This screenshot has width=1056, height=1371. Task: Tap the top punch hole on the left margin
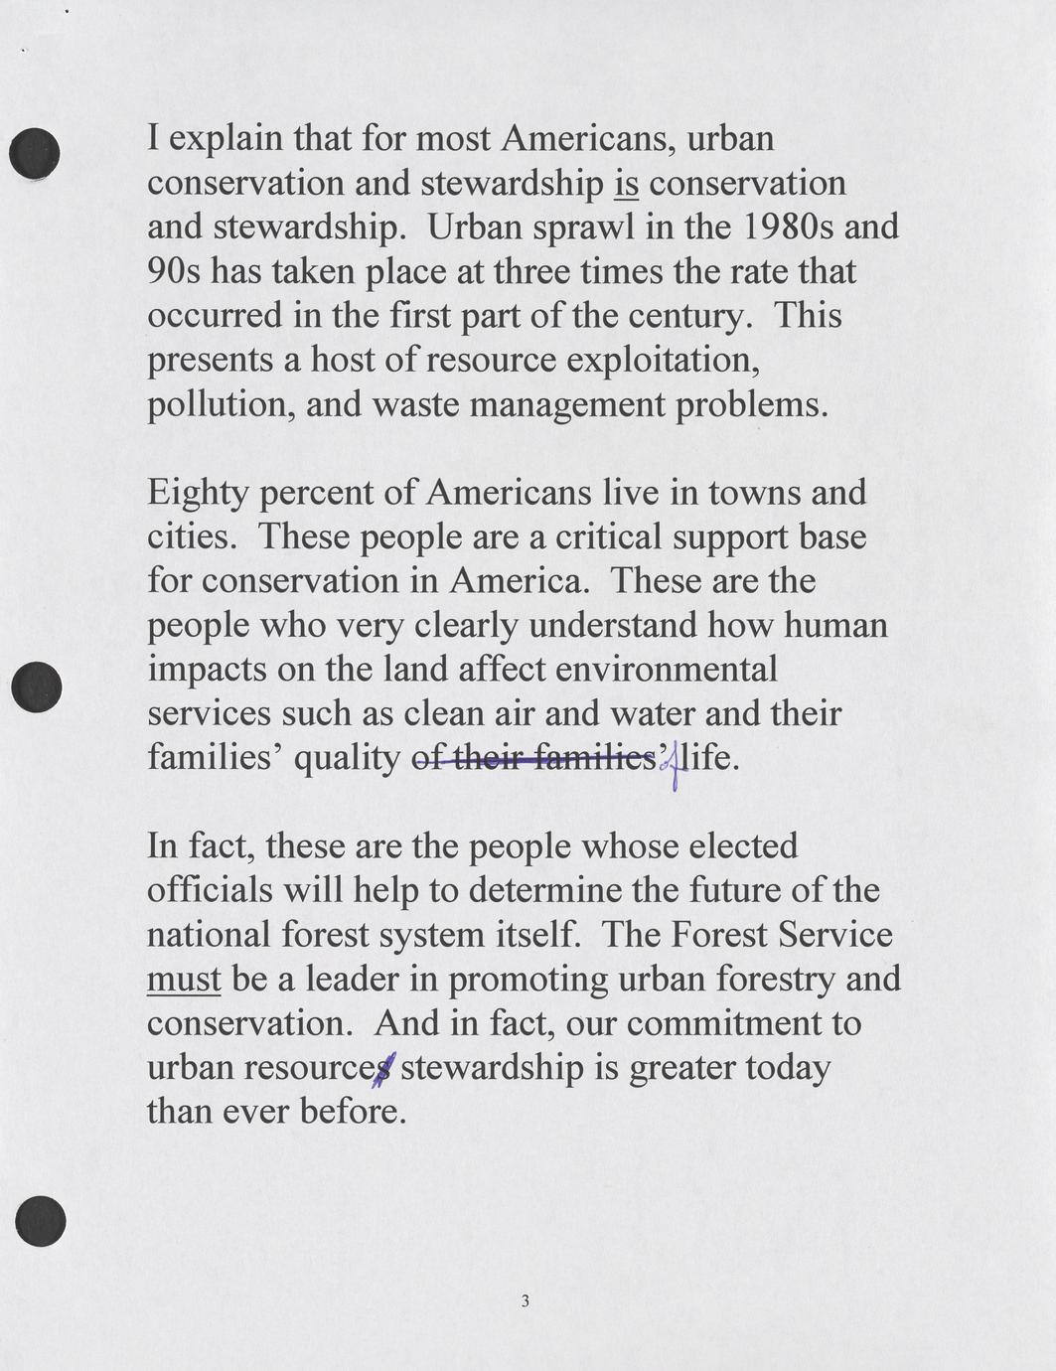point(35,153)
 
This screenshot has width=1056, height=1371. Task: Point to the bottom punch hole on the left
point(41,1222)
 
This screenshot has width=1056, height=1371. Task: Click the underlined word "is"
point(627,184)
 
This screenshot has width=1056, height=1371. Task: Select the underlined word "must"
point(184,980)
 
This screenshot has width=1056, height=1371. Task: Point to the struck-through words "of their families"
point(532,759)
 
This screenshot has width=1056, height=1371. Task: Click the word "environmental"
point(667,669)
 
